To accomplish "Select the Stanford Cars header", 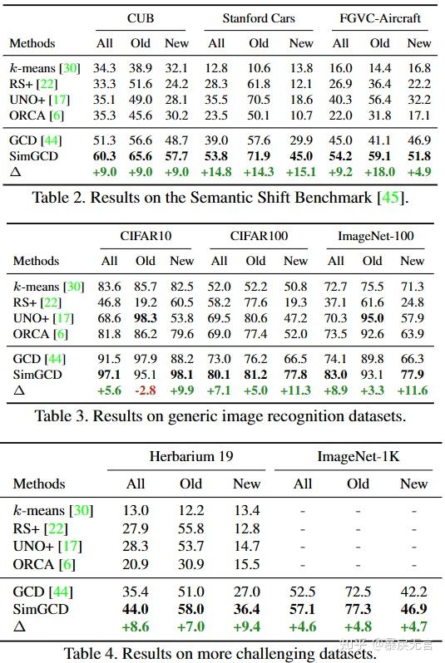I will (258, 17).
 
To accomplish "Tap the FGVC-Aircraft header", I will (379, 17).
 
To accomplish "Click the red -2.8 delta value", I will (146, 390).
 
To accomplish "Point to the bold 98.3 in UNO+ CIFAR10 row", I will (146, 318).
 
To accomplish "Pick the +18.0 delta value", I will (379, 172).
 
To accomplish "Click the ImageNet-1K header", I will (358, 456).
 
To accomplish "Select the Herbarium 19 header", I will (190, 456).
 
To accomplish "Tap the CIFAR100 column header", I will (260, 236).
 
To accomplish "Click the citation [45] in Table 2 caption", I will (396, 197).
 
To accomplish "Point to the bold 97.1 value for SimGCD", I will (110, 376).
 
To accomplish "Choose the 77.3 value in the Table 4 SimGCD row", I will (358, 609).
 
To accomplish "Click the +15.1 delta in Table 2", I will (300, 172).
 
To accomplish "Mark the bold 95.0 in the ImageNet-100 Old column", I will (372, 318).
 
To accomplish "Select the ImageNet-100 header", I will (376, 236).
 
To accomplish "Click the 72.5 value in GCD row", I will (358, 592).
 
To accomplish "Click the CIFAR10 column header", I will (146, 236).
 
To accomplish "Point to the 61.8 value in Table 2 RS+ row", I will (259, 84).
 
